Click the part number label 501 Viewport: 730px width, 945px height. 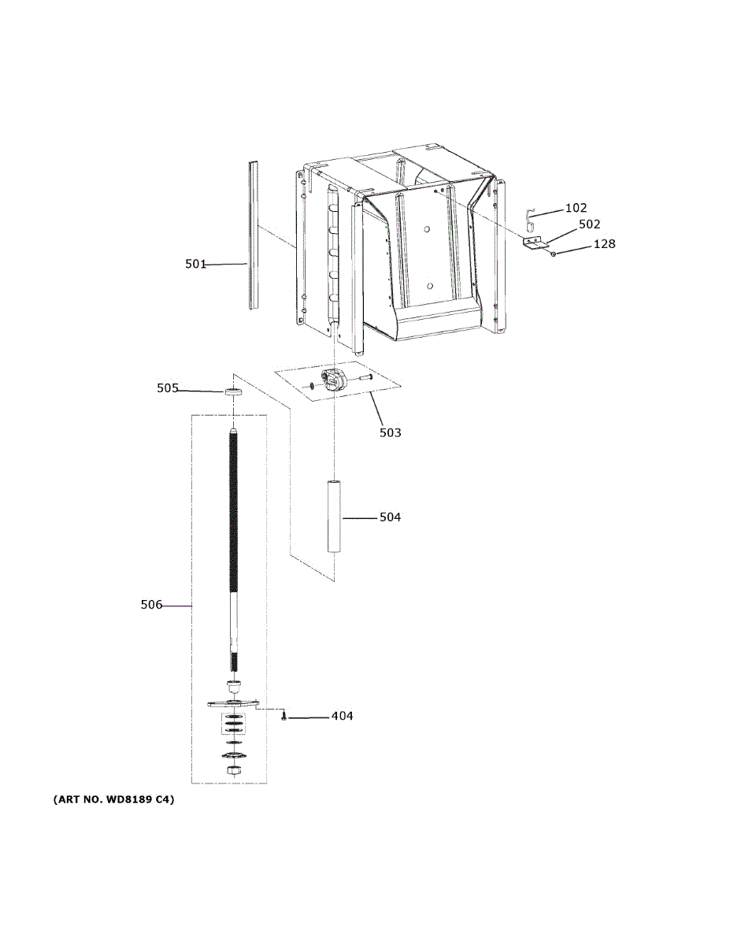195,265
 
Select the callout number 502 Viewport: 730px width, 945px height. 589,224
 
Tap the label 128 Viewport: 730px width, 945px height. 604,244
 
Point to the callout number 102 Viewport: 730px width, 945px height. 576,209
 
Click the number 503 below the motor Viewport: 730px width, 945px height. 390,432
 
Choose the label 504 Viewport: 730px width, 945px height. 390,517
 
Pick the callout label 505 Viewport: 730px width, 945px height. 167,388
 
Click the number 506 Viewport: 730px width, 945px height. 151,605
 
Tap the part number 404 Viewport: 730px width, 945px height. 342,717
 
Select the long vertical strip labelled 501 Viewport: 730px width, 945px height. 252,236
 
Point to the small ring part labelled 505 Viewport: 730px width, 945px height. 232,391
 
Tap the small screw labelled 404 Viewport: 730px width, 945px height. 283,717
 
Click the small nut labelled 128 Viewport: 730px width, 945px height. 554,254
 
